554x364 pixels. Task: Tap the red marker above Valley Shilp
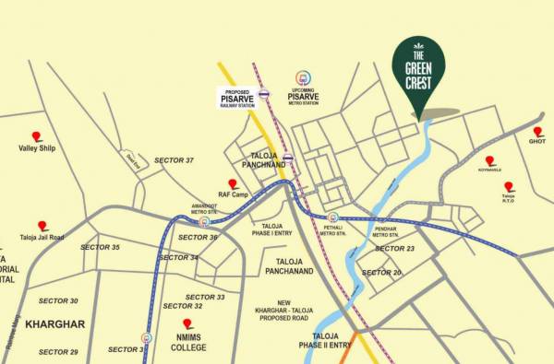coord(37,135)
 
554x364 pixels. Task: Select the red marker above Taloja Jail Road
coord(42,225)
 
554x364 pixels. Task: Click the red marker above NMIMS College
coord(187,323)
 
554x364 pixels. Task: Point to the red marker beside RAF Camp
coord(234,184)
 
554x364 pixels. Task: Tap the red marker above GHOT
coord(538,132)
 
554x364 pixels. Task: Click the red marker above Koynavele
coord(489,160)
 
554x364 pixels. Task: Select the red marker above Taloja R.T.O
coord(509,186)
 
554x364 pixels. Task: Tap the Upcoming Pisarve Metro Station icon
coord(302,79)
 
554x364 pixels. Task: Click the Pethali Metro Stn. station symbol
coord(332,218)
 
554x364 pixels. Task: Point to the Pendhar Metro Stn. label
coord(391,231)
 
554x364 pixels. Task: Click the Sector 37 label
coord(175,160)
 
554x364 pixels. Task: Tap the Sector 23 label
coord(395,249)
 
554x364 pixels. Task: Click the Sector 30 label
coord(58,300)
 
